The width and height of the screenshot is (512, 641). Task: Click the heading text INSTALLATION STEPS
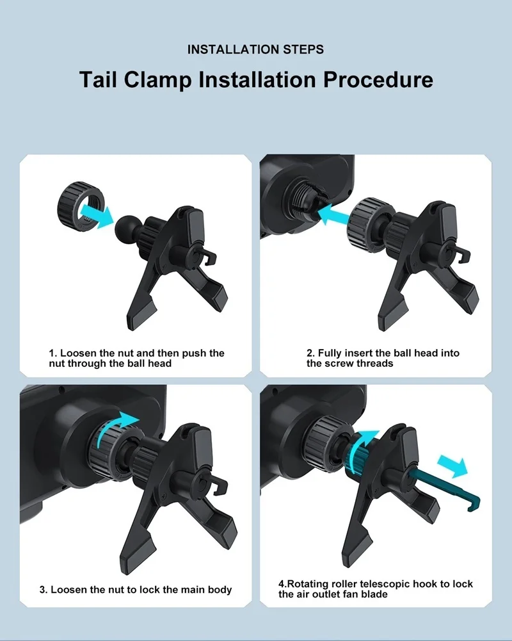pyautogui.click(x=255, y=49)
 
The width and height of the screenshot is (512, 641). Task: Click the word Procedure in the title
pyautogui.click(x=378, y=79)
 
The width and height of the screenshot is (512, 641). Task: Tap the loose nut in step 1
pyautogui.click(x=81, y=202)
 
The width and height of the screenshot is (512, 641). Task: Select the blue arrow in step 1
pyautogui.click(x=97, y=215)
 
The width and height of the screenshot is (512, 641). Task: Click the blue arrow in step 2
pyautogui.click(x=333, y=215)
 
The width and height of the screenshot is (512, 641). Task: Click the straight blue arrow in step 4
pyautogui.click(x=452, y=466)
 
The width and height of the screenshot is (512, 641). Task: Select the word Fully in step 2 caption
pyautogui.click(x=330, y=353)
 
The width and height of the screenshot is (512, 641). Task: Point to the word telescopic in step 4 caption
pyautogui.click(x=385, y=584)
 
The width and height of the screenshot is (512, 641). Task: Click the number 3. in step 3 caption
pyautogui.click(x=44, y=590)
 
